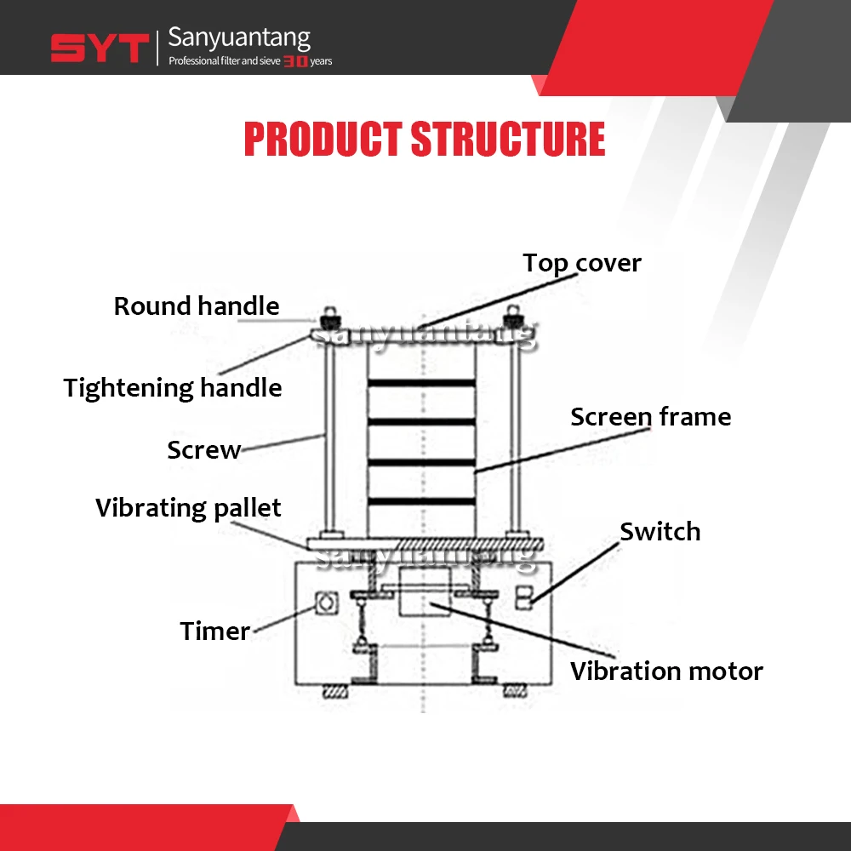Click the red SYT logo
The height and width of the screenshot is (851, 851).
pyautogui.click(x=100, y=49)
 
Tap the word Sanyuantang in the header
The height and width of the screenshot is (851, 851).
pyautogui.click(x=239, y=37)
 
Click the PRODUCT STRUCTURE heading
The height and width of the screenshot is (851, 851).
pyautogui.click(x=425, y=140)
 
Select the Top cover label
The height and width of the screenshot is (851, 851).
pyautogui.click(x=581, y=263)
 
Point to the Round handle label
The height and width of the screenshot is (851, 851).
pyautogui.click(x=197, y=306)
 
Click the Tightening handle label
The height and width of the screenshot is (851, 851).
pyautogui.click(x=173, y=388)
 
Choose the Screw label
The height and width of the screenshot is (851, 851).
pyautogui.click(x=204, y=450)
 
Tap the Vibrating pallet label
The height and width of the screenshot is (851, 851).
pyautogui.click(x=188, y=508)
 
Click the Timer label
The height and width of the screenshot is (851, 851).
pyautogui.click(x=215, y=631)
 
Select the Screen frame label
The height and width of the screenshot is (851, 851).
pyautogui.click(x=650, y=417)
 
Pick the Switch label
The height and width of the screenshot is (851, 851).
pyautogui.click(x=660, y=532)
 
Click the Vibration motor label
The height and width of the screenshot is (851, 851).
pyautogui.click(x=666, y=671)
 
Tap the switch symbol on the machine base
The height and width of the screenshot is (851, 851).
pyautogui.click(x=524, y=596)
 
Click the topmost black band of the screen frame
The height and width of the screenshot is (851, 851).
pyautogui.click(x=421, y=383)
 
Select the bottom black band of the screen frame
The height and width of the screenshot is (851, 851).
pyautogui.click(x=421, y=500)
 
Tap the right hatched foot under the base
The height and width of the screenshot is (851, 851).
pyautogui.click(x=513, y=691)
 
